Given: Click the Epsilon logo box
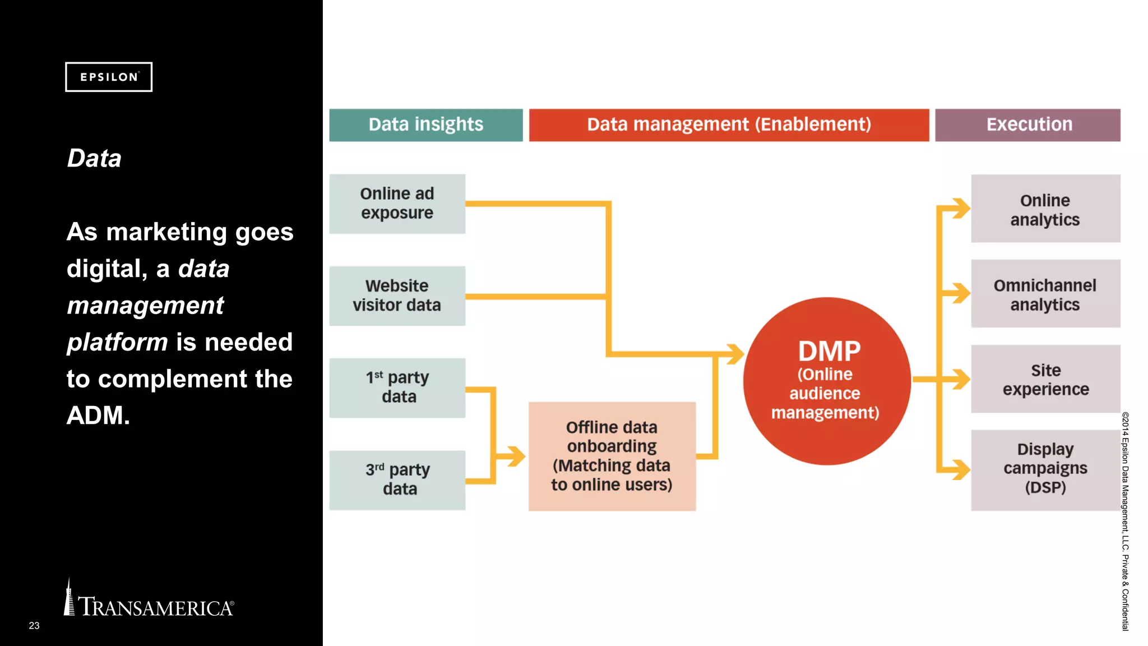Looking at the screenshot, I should point(109,77).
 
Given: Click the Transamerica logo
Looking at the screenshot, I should point(149,603).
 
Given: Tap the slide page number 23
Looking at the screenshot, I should point(34,625).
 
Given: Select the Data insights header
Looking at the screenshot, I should point(425,124).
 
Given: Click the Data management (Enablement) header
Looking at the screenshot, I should point(729,124).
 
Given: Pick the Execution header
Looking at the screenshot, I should point(1027,124).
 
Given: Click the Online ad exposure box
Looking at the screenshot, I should point(397,204).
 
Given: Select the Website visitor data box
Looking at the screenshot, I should point(397,296).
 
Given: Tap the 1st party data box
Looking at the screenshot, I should point(397,387).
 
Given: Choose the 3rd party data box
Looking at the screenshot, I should point(397,479).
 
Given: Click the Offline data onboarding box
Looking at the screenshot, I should point(612,456).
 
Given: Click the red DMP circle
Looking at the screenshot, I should point(826,381).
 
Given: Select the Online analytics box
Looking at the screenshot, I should point(1045,209).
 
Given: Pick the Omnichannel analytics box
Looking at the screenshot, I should point(1045,294).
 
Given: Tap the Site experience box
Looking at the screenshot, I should point(1045,379).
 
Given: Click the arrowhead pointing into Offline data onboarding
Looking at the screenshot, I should point(516,456).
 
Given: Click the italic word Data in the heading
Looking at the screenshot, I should point(94,159).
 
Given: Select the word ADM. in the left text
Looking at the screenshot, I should point(98,416).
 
